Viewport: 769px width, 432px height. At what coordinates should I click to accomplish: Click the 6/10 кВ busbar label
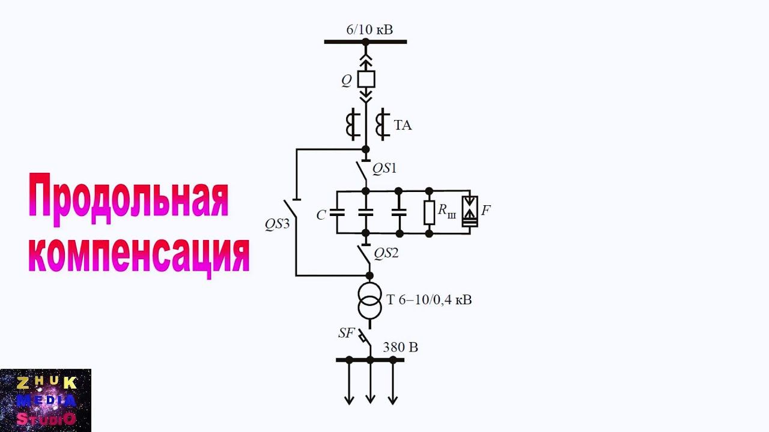point(369,28)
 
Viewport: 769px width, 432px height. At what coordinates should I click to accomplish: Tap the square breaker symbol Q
point(366,79)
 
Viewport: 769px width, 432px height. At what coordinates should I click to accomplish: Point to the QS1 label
point(384,169)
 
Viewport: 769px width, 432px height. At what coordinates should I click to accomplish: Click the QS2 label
point(386,253)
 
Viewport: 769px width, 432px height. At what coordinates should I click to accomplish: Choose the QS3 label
point(277,224)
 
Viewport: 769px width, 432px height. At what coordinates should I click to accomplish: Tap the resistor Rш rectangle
point(429,212)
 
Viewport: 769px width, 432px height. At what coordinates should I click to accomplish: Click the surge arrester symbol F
point(470,211)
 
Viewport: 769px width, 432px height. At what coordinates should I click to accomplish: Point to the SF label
point(347,334)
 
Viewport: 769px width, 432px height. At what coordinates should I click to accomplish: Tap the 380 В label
point(400,347)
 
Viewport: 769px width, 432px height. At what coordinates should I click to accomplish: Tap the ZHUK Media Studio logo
point(46,400)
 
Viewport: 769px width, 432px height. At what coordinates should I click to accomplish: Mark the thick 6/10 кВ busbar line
point(365,41)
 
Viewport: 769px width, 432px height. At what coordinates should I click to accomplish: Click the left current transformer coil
point(350,124)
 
